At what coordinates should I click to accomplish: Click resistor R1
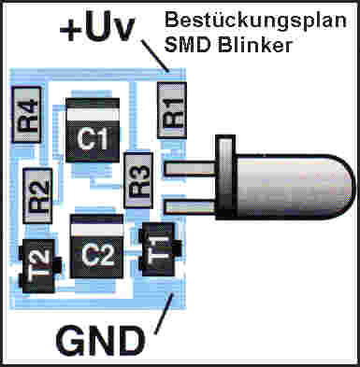pos(172,109)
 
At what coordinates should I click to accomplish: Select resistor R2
pos(37,193)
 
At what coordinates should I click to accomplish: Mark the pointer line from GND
pos(162,312)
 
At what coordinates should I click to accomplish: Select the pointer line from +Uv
pos(157,58)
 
